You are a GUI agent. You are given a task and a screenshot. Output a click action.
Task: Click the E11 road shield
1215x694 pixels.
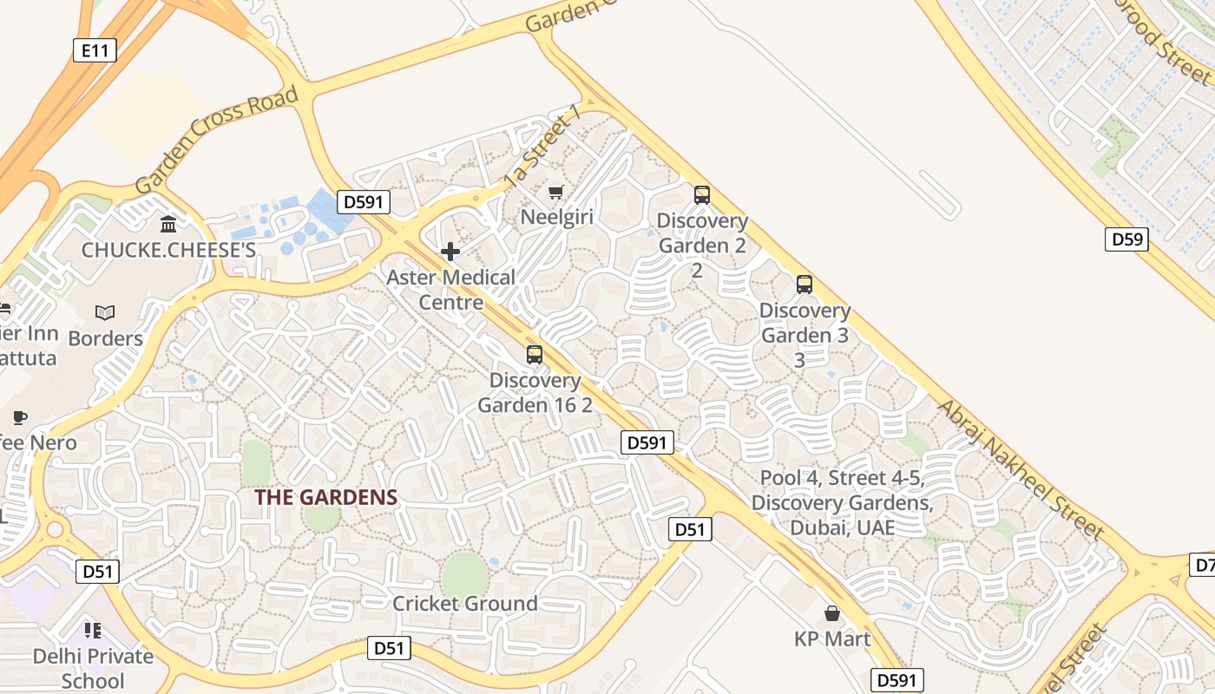[95, 50]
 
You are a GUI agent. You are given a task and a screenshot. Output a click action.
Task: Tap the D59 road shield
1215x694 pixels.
[1126, 239]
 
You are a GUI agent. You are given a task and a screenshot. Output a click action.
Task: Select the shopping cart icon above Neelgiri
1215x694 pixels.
[556, 191]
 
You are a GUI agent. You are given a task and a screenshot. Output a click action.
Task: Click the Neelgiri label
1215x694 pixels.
[556, 217]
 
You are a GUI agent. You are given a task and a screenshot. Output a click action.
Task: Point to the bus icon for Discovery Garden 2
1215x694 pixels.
[701, 195]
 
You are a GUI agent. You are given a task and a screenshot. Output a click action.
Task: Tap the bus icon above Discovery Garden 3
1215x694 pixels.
[805, 285]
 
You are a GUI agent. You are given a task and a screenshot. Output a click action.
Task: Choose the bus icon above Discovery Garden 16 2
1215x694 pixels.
[535, 354]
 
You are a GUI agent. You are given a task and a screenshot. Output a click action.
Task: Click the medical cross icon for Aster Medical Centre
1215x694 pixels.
[450, 252]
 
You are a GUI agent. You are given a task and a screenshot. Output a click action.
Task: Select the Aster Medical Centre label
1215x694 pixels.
[450, 290]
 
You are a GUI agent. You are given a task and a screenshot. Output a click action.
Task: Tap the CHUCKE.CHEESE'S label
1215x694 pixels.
[168, 250]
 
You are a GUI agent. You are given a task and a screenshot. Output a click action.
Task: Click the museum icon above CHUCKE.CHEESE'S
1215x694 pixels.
[168, 225]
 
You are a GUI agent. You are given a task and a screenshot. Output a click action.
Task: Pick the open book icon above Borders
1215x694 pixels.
[105, 312]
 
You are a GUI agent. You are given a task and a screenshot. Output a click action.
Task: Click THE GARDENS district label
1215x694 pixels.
[325, 498]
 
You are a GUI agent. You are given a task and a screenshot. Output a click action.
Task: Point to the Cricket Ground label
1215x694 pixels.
[464, 603]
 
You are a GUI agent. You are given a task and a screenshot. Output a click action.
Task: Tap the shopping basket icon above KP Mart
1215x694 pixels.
[832, 613]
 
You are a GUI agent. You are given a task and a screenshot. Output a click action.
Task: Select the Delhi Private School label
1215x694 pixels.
[93, 668]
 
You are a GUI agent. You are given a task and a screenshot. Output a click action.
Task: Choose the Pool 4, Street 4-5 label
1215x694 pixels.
[842, 502]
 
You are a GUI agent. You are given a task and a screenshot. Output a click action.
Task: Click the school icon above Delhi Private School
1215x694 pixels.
[93, 630]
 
